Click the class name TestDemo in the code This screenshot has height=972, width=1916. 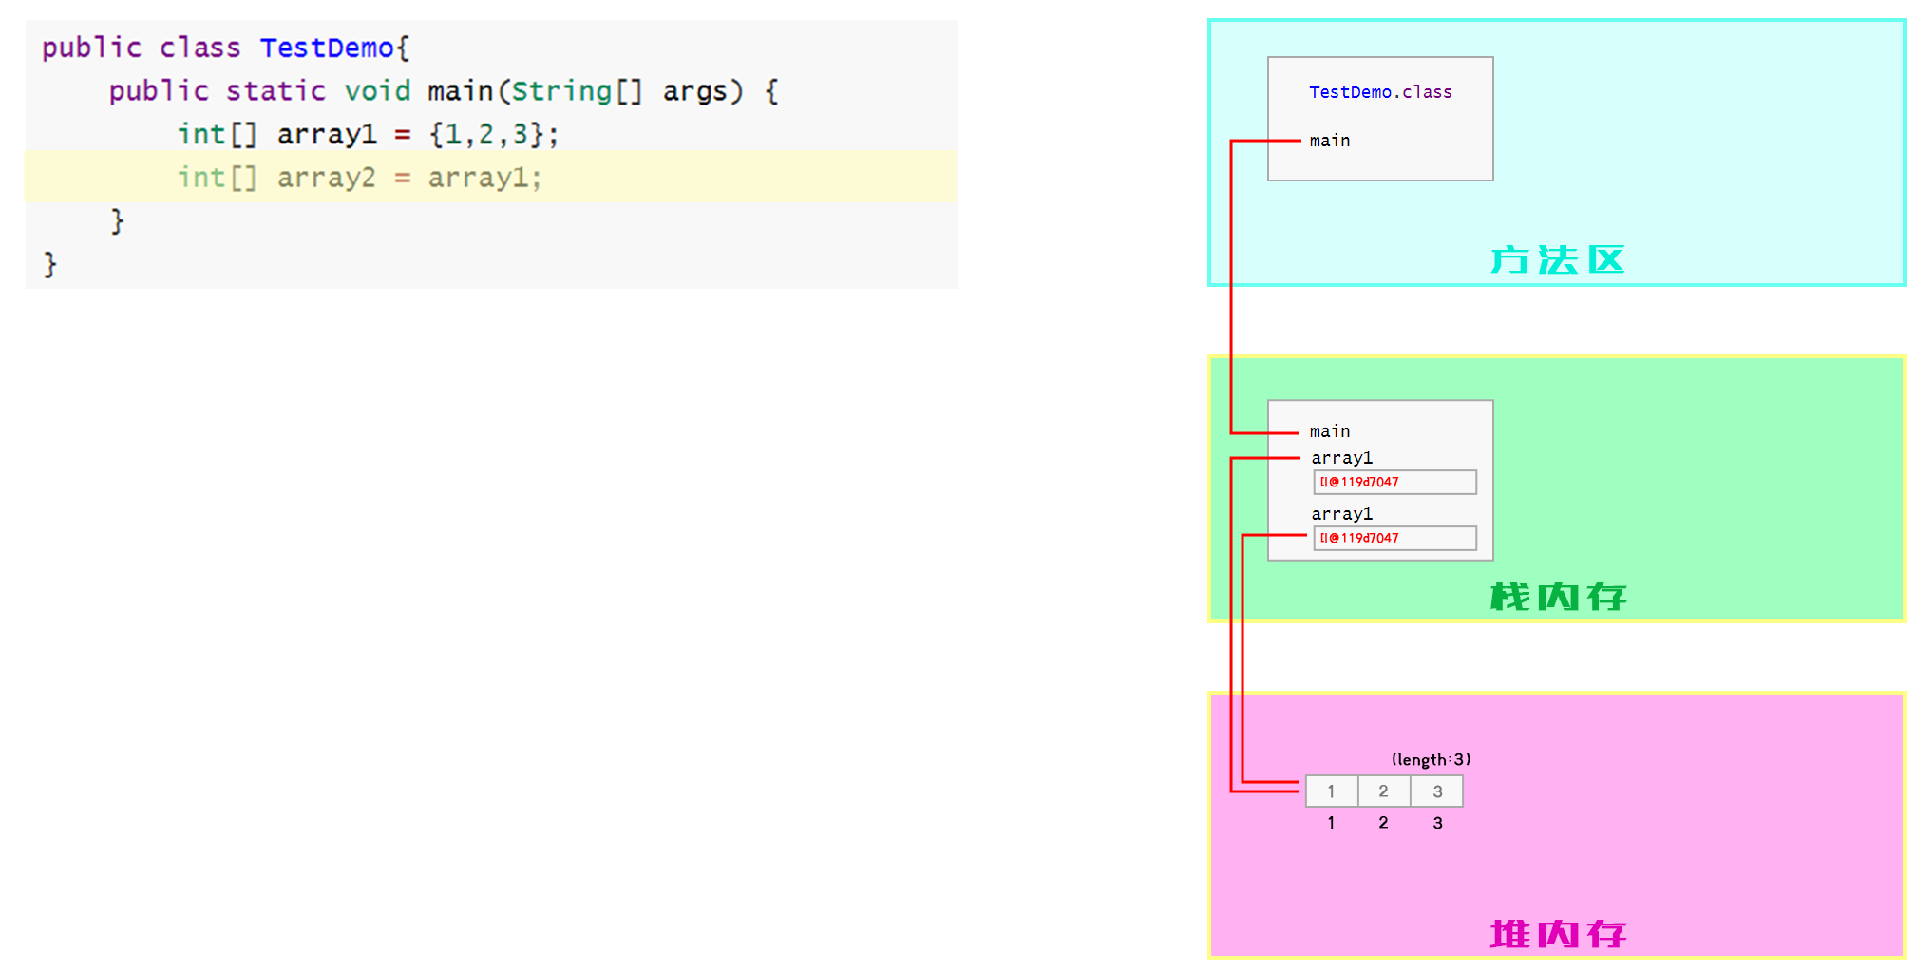[x=326, y=48]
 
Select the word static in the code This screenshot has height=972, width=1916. [x=275, y=91]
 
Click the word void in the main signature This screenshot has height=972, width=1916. [x=377, y=91]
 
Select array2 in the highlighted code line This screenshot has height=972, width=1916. [x=326, y=178]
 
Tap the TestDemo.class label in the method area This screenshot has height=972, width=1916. [x=1379, y=92]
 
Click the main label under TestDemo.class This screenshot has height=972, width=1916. [x=1329, y=141]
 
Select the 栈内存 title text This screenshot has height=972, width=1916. [x=1557, y=597]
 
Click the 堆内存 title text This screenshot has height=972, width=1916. [x=1557, y=934]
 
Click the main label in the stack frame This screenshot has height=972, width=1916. [x=1329, y=431]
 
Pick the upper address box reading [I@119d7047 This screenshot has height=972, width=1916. [x=1394, y=483]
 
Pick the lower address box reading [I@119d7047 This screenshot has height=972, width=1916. [x=1394, y=539]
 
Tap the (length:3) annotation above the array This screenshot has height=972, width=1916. [x=1430, y=759]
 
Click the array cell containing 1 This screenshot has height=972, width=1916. [x=1331, y=791]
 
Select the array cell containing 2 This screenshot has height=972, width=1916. [x=1383, y=791]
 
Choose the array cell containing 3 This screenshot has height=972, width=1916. [x=1436, y=791]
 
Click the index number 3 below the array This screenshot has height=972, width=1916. [x=1437, y=823]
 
